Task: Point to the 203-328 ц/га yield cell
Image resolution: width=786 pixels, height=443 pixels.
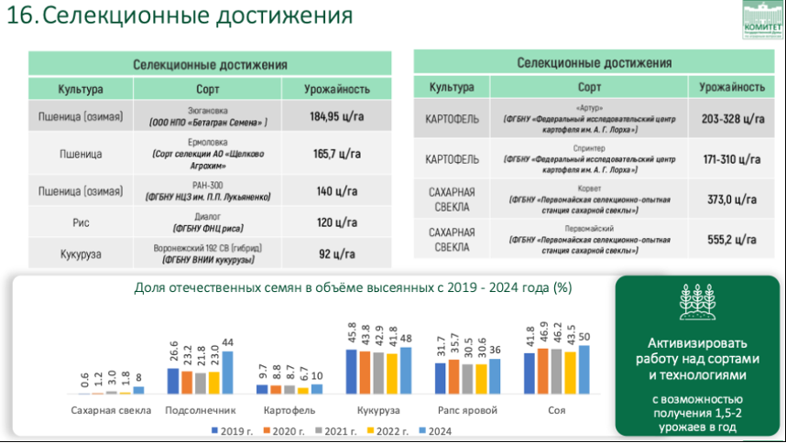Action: coord(732,119)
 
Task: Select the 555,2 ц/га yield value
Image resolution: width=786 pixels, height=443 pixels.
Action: coord(732,241)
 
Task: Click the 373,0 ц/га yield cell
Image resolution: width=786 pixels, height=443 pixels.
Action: coord(732,200)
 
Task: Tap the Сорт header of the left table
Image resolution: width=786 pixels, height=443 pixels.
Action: coord(208,89)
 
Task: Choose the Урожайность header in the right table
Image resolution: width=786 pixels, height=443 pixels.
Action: coord(732,87)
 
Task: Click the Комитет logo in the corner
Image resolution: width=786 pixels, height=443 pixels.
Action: coord(761,20)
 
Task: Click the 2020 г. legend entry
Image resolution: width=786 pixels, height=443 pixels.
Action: coord(275,430)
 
